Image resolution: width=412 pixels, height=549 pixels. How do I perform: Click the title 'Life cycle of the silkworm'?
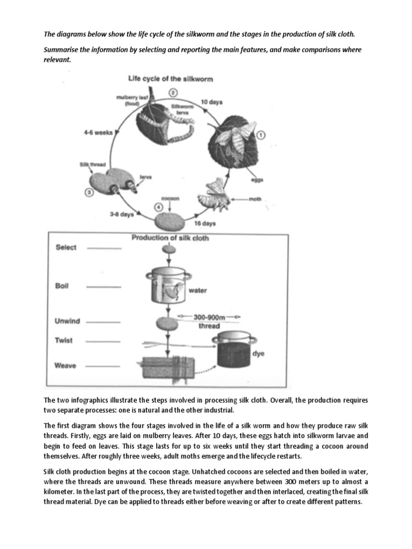coord(170,78)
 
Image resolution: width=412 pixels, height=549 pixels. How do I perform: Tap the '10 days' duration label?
coord(212,101)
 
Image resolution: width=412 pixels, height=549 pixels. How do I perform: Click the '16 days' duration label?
coord(205,224)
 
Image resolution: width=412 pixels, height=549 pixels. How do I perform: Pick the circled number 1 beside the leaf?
coord(261,135)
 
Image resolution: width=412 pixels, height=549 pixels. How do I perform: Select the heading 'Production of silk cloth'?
coord(170,238)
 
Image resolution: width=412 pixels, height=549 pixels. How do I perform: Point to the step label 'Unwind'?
coord(67,321)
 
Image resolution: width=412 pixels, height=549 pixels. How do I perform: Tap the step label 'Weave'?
coord(65,366)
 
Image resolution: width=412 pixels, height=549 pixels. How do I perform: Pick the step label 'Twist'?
coord(64,340)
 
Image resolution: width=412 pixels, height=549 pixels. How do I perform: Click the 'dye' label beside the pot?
coord(258,354)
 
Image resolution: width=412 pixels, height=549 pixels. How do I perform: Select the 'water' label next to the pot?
coord(197,291)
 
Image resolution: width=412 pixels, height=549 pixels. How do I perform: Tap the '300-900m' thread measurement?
coord(210,317)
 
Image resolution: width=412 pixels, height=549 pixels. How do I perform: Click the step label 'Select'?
coord(66,248)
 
